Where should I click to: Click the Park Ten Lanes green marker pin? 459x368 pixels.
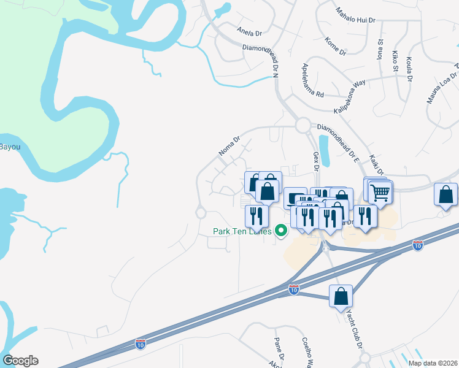(282, 231)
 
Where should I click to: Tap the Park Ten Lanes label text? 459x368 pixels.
(241, 231)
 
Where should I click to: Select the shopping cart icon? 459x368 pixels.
(380, 193)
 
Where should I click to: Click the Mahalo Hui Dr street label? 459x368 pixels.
(355, 15)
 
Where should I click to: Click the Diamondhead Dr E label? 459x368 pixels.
(337, 142)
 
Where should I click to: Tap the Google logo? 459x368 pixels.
(20, 361)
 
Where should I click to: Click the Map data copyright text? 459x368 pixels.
(433, 363)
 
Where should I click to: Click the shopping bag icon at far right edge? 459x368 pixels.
(446, 194)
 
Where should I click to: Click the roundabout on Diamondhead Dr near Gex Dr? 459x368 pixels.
(302, 126)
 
